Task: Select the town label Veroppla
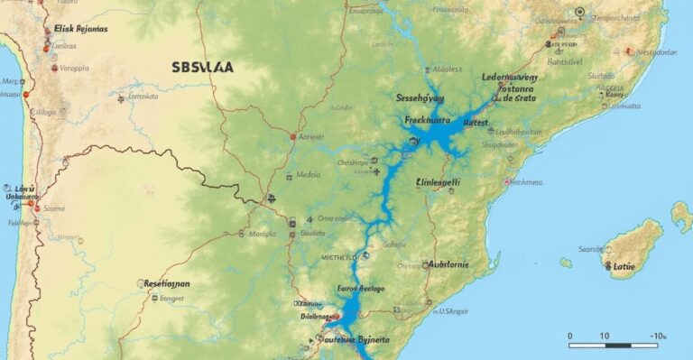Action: pos(73,67)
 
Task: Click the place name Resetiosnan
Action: pos(167,283)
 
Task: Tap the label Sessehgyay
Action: pos(420,97)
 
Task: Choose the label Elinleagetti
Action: pos(439,181)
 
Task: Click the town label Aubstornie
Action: pos(461,265)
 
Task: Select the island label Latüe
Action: pos(624,266)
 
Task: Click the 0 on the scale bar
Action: pos(570,336)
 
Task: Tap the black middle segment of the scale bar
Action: pos(618,345)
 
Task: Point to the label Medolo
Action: pos(309,175)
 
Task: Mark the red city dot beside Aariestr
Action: pos(292,136)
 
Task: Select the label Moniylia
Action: pos(263,234)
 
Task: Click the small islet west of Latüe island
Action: pos(566,263)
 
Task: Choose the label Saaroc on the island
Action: pos(591,248)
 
